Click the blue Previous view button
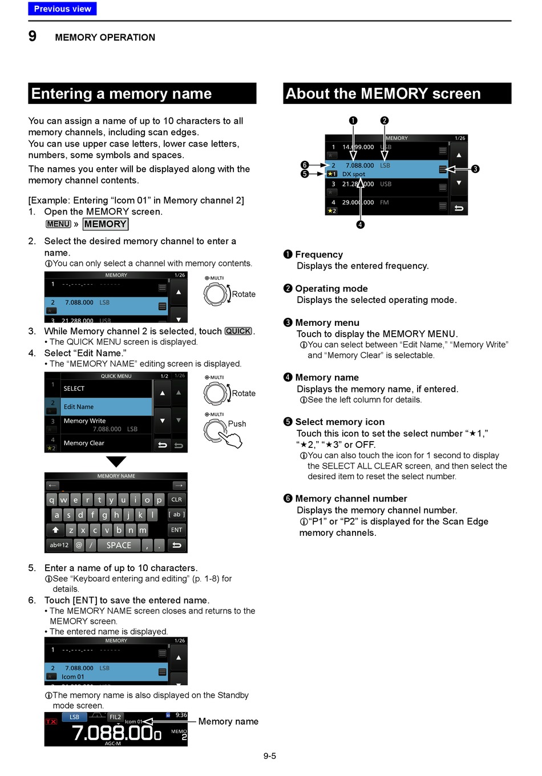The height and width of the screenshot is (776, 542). pyautogui.click(x=62, y=9)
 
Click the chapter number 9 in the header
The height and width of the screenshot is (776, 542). pyautogui.click(x=33, y=37)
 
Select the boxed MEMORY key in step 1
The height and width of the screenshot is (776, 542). pyautogui.click(x=106, y=224)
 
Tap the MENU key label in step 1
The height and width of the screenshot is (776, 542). pyautogui.click(x=58, y=224)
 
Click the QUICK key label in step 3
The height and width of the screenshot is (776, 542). pyautogui.click(x=238, y=331)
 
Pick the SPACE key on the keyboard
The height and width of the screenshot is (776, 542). pyautogui.click(x=119, y=545)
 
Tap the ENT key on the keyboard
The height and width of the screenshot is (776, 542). pyautogui.click(x=177, y=530)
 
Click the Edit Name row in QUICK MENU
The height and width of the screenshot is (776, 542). pyautogui.click(x=106, y=407)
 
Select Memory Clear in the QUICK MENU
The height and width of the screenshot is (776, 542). pyautogui.click(x=84, y=443)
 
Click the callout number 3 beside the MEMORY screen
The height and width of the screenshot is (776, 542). pyautogui.click(x=475, y=169)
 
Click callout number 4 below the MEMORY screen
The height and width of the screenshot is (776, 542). pyautogui.click(x=361, y=225)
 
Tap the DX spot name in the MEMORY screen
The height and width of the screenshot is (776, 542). pyautogui.click(x=354, y=174)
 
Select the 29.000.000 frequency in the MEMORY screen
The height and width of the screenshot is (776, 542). pyautogui.click(x=358, y=203)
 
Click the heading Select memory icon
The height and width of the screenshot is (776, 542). pyautogui.click(x=339, y=422)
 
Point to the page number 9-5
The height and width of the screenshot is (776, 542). pyautogui.click(x=270, y=756)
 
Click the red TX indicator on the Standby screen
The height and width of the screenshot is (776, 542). pyautogui.click(x=51, y=722)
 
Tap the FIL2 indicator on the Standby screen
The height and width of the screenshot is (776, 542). pyautogui.click(x=115, y=717)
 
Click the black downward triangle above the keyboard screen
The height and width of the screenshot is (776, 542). pyautogui.click(x=116, y=462)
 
